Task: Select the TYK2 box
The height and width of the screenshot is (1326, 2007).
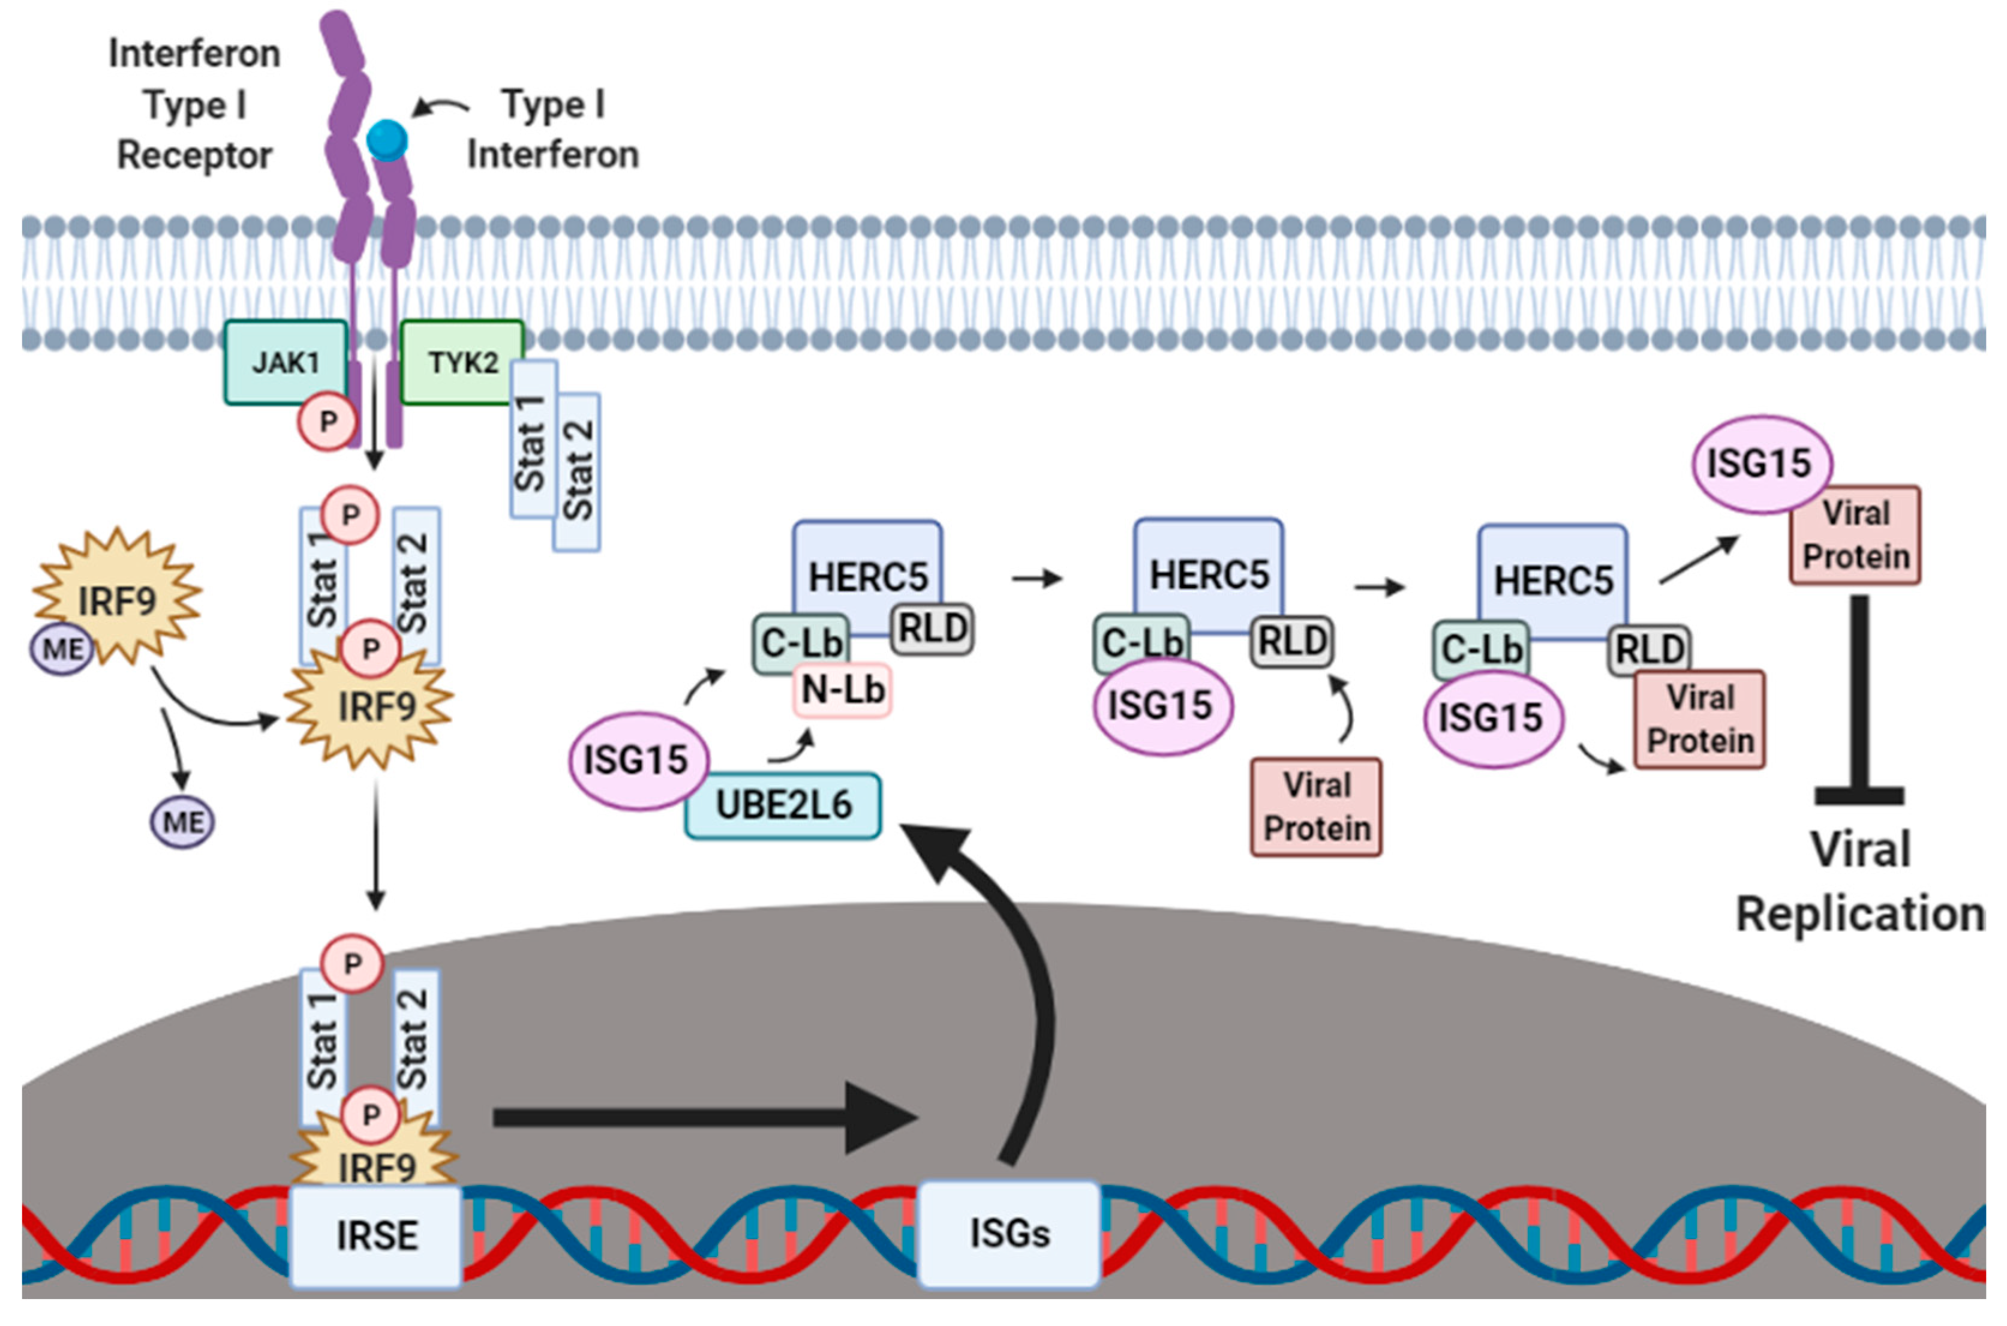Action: coord(462,362)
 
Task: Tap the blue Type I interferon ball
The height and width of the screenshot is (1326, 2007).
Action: coord(387,140)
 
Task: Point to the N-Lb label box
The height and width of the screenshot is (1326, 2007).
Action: coord(842,690)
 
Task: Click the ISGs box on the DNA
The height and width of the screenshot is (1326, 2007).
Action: coord(1009,1234)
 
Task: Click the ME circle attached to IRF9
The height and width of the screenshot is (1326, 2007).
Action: coord(62,650)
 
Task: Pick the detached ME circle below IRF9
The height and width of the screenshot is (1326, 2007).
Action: coord(183,822)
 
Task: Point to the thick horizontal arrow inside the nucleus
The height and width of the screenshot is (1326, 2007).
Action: coord(706,1118)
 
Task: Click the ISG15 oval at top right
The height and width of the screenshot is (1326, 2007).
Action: coord(1762,464)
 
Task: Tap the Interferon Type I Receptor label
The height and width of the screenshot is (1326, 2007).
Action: coord(194,105)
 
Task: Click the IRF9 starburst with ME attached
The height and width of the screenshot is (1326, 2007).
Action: coord(117,597)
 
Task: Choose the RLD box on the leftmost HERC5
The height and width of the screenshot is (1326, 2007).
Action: coord(933,629)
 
